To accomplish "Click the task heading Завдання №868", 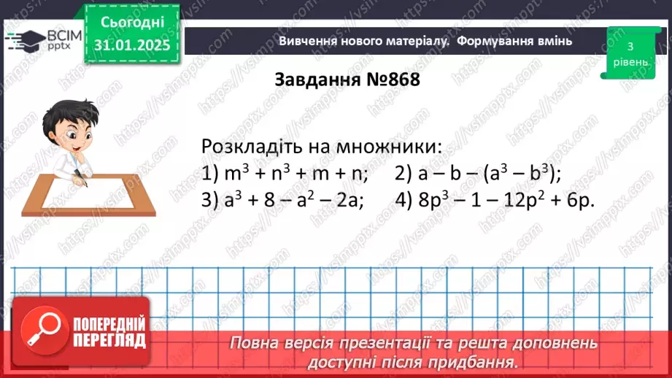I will point(347,80).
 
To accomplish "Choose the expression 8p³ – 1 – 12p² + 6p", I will point(497,200).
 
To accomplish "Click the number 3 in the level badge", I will point(630,47).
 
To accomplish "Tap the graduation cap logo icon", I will point(23,39).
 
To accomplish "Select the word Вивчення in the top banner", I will point(309,42).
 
